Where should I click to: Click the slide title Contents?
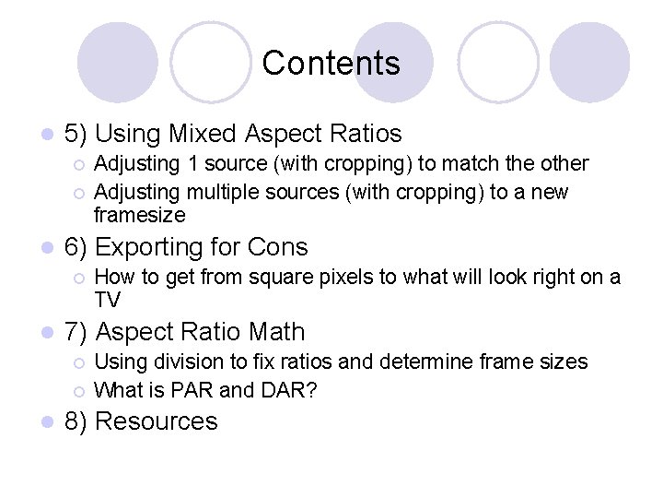[331, 63]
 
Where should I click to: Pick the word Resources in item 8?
[157, 421]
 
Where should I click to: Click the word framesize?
[140, 215]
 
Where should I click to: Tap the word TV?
[108, 300]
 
